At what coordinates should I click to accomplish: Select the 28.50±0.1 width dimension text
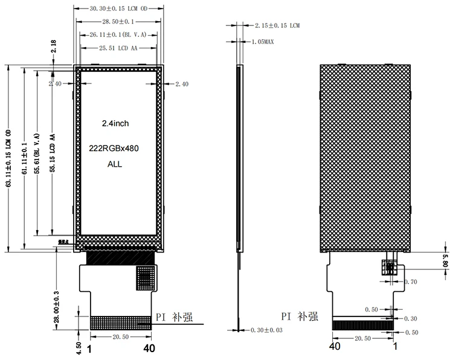pyautogui.click(x=119, y=21)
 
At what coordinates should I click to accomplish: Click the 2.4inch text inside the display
pyautogui.click(x=115, y=123)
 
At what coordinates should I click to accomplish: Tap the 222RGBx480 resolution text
pyautogui.click(x=115, y=149)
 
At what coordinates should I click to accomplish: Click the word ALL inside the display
pyautogui.click(x=115, y=164)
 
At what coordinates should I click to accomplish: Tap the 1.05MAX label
pyautogui.click(x=265, y=42)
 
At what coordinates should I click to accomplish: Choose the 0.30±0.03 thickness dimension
pyautogui.click(x=266, y=330)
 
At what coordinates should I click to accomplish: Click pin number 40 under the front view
pyautogui.click(x=149, y=348)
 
